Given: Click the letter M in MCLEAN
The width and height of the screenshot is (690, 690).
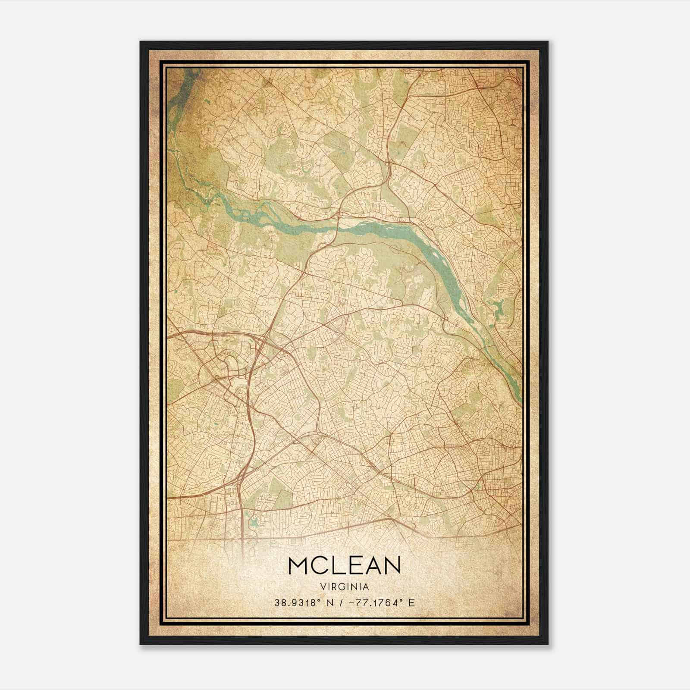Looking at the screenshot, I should [298, 565].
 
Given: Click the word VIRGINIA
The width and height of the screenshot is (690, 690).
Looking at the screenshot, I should [345, 587].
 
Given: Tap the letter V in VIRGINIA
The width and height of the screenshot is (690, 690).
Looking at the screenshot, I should [323, 587].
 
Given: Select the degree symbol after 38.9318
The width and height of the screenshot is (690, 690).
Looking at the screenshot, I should [320, 600].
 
